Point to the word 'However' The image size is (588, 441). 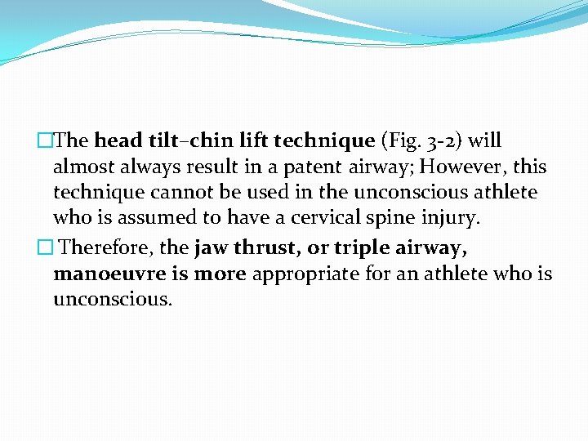point(457,167)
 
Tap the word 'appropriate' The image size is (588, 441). point(304,274)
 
